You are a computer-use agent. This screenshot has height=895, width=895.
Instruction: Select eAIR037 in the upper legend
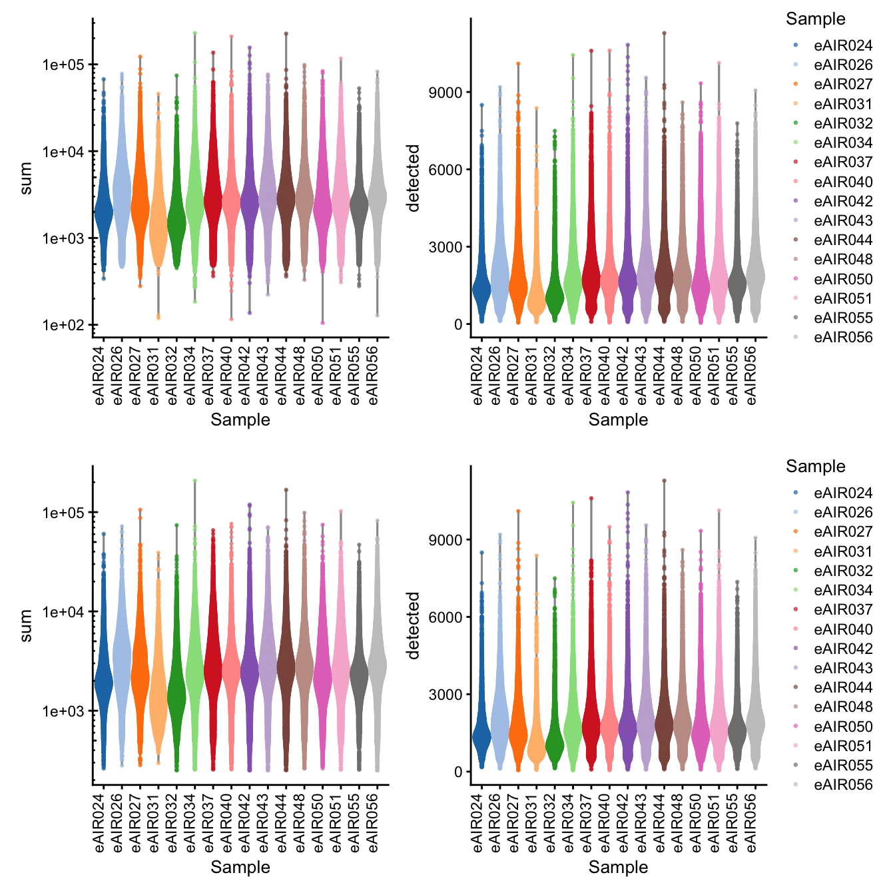point(842,162)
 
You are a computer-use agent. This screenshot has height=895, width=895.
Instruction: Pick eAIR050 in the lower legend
point(842,727)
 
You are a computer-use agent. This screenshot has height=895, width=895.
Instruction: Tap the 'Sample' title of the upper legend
point(815,19)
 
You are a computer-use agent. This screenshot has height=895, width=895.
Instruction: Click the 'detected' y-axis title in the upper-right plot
point(414,178)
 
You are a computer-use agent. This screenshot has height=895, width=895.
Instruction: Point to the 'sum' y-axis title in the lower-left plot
point(26,625)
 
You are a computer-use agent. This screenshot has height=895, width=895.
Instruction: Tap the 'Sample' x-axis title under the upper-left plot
point(240,420)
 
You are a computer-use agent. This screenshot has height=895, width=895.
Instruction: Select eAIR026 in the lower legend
point(842,512)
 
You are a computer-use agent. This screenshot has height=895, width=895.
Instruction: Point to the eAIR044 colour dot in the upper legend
point(796,240)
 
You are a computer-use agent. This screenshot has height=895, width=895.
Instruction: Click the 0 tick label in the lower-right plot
point(458,772)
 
